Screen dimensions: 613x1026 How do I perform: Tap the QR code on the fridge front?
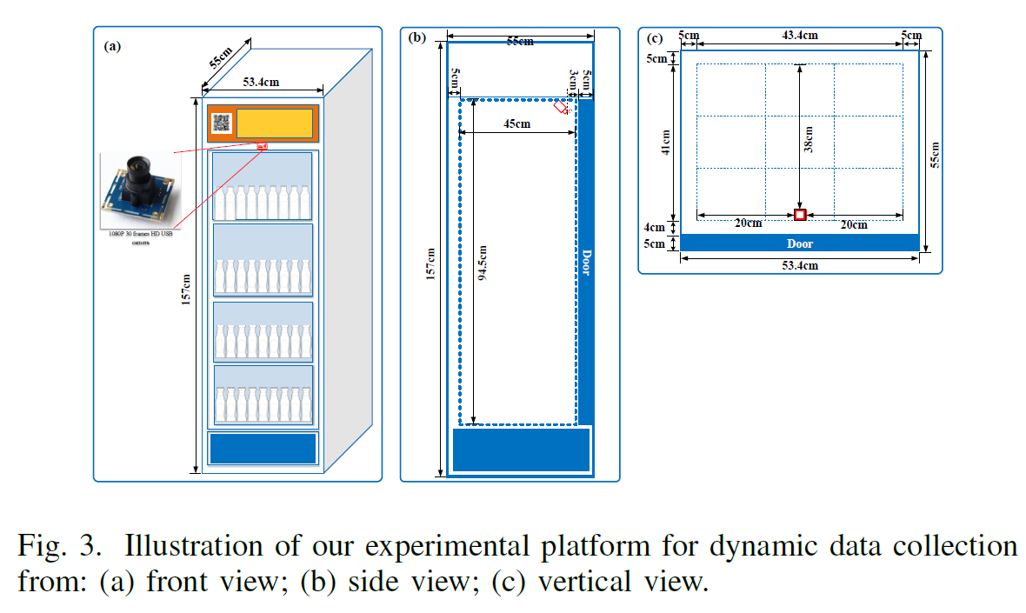coord(221,124)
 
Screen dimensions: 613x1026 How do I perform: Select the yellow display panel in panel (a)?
coord(275,123)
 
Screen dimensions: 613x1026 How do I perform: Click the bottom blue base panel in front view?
coord(263,449)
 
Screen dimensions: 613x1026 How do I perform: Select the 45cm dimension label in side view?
coord(516,123)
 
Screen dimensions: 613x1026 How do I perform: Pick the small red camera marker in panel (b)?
coord(563,108)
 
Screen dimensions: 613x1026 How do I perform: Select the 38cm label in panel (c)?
coord(808,139)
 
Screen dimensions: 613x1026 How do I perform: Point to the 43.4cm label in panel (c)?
coord(799,36)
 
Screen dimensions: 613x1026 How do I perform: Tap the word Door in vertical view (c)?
coord(800,243)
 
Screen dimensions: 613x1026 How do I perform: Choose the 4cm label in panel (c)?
coord(655,227)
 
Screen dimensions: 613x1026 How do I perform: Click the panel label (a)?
coord(112,47)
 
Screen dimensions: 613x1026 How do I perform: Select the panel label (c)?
coord(655,37)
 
